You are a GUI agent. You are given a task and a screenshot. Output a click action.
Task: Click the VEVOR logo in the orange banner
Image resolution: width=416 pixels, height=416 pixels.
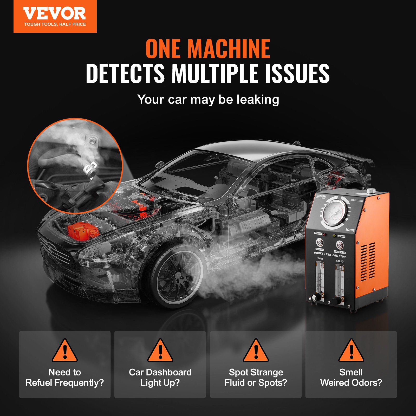(55, 14)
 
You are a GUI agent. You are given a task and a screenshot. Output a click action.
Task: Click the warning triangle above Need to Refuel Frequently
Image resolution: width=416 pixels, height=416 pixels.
(65, 351)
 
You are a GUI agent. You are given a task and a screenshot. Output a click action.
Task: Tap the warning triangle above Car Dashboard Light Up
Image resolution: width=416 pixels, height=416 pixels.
(160, 351)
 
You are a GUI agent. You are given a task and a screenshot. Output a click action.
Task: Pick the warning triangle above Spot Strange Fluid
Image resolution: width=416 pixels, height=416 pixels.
(256, 351)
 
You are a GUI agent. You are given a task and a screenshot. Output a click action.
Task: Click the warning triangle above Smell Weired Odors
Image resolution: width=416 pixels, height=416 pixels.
(351, 351)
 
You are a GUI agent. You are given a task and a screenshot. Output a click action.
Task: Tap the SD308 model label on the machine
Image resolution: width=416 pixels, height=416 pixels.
(350, 230)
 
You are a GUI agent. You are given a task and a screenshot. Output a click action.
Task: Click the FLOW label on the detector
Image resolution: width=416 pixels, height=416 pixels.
(320, 258)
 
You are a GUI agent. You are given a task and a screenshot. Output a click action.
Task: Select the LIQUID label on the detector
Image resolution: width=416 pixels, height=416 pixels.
(340, 261)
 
